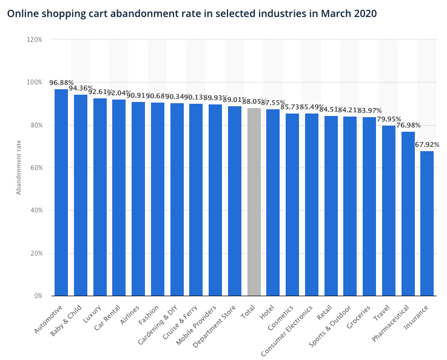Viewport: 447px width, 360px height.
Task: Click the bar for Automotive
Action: pyautogui.click(x=61, y=192)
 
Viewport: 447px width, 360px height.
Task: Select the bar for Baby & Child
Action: pyautogui.click(x=81, y=195)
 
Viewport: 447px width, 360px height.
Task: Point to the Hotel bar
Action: pyautogui.click(x=273, y=202)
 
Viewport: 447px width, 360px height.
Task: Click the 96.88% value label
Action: pyautogui.click(x=61, y=83)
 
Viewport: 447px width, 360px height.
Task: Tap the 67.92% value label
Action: pyautogui.click(x=427, y=144)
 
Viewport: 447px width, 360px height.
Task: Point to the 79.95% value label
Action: pyautogui.click(x=389, y=119)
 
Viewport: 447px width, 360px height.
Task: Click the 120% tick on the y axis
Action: pyautogui.click(x=34, y=39)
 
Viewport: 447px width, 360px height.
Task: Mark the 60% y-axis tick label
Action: pyautogui.click(x=36, y=168)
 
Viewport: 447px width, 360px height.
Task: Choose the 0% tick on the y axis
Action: pyautogui.click(x=38, y=296)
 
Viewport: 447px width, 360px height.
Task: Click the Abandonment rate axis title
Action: pyautogui.click(x=19, y=168)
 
